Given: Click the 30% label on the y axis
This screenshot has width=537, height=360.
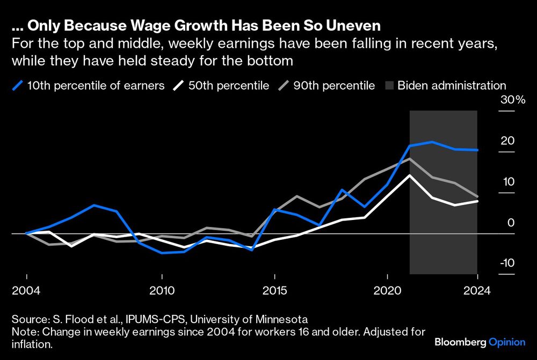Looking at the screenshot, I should tap(513, 100).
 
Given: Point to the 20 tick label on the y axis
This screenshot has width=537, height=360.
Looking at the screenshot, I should tap(508, 141).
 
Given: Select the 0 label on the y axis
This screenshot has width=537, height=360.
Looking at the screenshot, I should tap(511, 223).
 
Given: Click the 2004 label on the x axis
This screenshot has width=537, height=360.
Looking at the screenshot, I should tap(26, 291).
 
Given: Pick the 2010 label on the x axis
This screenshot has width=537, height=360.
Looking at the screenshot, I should tap(162, 291).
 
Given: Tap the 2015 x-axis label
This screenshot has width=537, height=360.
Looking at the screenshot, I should tap(275, 291).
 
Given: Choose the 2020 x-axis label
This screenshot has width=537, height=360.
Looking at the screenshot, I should tap(388, 291).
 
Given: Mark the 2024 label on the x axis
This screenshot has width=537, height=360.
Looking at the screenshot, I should tap(477, 291).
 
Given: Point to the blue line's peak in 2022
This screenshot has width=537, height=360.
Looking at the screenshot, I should tap(432, 142).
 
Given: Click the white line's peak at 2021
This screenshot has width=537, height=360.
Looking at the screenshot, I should tap(410, 175).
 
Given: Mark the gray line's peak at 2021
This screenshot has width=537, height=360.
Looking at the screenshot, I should tap(410, 159).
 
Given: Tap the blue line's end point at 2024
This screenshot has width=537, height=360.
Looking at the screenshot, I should tap(477, 150).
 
